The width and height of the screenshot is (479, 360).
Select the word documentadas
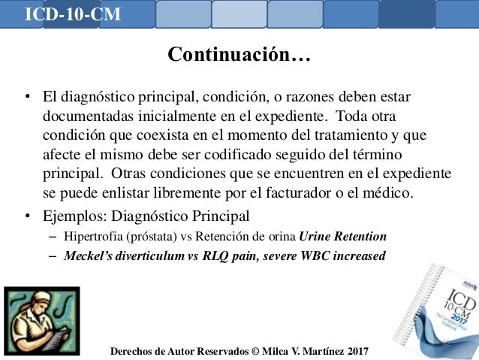pos(83,117)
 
